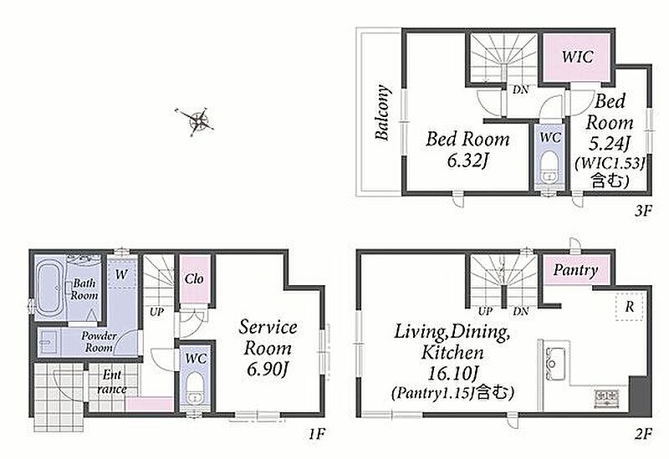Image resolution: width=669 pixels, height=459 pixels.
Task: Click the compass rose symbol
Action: [196, 120]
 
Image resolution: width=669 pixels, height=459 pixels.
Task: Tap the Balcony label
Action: [383, 113]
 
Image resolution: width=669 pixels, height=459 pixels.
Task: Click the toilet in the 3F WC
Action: [549, 170]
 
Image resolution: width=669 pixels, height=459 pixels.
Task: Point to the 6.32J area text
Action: [467, 161]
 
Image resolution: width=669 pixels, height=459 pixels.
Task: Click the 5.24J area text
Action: [609, 144]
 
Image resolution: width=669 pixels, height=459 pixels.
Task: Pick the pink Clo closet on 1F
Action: [195, 279]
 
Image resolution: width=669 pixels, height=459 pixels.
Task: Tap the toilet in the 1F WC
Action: [196, 388]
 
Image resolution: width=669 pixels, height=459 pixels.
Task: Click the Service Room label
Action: [268, 338]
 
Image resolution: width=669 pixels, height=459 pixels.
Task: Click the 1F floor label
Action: [318, 434]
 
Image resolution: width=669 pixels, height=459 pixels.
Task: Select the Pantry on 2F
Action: [575, 269]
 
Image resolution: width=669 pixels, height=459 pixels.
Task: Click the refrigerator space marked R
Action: [630, 306]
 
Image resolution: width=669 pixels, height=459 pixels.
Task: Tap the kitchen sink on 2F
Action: [555, 364]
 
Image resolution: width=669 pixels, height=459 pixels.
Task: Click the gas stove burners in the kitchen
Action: [606, 398]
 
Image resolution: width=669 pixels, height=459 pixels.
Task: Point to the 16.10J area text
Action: [452, 374]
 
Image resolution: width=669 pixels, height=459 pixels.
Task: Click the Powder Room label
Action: [99, 342]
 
